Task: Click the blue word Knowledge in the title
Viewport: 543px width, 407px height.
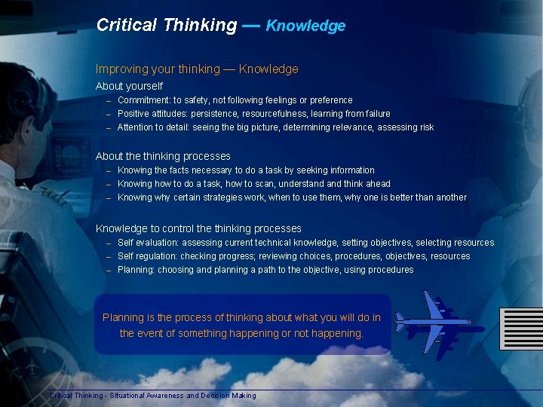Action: click(305, 26)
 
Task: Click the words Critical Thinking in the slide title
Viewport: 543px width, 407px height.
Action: click(166, 25)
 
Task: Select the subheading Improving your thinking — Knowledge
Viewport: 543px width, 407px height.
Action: click(197, 69)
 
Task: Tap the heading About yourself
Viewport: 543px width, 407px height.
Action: click(129, 86)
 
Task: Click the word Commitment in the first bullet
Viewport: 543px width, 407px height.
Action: click(143, 100)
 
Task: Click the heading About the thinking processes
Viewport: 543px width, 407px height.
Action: click(163, 156)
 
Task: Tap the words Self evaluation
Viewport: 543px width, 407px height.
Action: click(146, 243)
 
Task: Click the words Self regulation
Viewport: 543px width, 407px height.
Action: click(146, 256)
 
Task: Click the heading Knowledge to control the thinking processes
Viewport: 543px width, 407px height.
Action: click(198, 228)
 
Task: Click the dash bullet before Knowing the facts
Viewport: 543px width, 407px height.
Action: click(109, 171)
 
